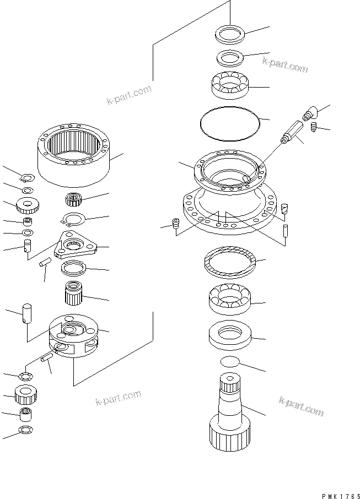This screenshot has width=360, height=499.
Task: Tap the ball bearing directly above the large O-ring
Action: coord(230,84)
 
